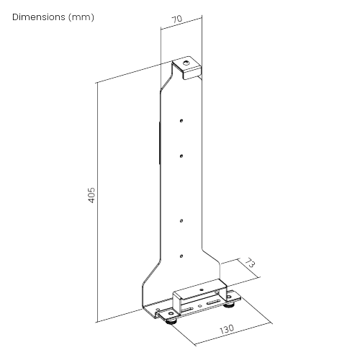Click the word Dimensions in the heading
click(x=39, y=17)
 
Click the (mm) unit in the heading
click(x=81, y=17)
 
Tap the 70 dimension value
click(x=177, y=19)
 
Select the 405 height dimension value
click(x=91, y=195)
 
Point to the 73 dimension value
click(x=250, y=263)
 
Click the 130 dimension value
click(x=227, y=329)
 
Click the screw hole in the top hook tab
click(x=186, y=63)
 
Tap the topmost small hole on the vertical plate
click(x=181, y=121)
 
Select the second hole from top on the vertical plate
click(x=181, y=156)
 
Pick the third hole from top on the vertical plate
click(x=181, y=220)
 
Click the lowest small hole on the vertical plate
click(x=181, y=256)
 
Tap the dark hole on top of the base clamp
click(x=202, y=289)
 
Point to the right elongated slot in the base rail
click(x=212, y=302)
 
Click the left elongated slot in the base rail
click(x=186, y=310)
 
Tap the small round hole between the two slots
click(x=199, y=306)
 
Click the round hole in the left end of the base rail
click(x=171, y=314)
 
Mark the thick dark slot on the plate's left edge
click(x=159, y=143)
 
